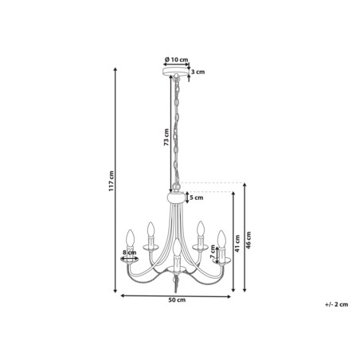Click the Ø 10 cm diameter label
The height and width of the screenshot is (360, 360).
(x=176, y=59)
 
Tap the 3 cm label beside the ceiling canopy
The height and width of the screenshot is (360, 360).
(x=198, y=72)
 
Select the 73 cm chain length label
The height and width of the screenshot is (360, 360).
(x=166, y=137)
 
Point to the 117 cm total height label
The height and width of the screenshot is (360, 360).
(x=111, y=181)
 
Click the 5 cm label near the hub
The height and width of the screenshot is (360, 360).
(x=197, y=198)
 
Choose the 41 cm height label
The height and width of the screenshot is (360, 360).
(x=237, y=244)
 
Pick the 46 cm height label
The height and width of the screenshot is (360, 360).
(x=248, y=241)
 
